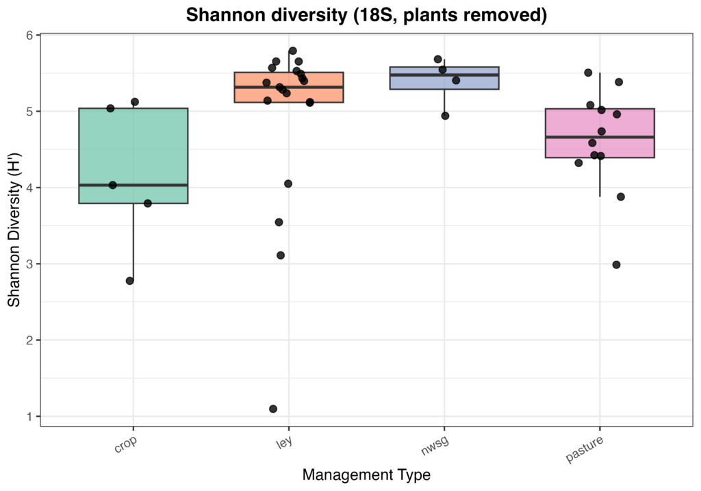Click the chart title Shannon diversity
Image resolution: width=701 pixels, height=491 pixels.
pyautogui.click(x=366, y=15)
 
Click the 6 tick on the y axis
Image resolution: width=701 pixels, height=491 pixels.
pyautogui.click(x=30, y=35)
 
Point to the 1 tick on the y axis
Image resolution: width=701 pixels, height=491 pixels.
pyautogui.click(x=30, y=416)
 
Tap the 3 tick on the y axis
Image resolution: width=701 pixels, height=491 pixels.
pyautogui.click(x=30, y=264)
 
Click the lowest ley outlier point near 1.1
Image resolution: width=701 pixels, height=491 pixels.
pyautogui.click(x=273, y=409)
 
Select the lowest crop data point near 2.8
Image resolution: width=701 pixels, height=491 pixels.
pyautogui.click(x=130, y=281)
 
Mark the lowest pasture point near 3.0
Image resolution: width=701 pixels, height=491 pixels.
pyautogui.click(x=616, y=264)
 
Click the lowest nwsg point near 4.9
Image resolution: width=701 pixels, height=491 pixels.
pyautogui.click(x=445, y=116)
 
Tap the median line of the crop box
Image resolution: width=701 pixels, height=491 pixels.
pyautogui.click(x=133, y=185)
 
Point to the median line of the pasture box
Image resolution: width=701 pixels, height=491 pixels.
pyautogui.click(x=600, y=137)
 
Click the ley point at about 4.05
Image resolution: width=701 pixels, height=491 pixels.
pyautogui.click(x=288, y=184)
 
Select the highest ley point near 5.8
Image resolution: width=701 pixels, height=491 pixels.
pyautogui.click(x=292, y=51)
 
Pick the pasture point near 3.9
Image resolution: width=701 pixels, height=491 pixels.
pyautogui.click(x=620, y=197)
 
